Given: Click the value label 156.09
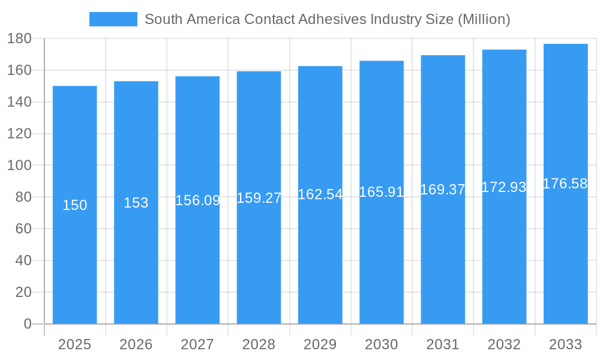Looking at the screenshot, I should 197,200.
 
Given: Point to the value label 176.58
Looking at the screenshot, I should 565,184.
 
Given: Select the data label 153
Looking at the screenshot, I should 136,203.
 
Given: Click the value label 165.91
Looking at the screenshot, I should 382,192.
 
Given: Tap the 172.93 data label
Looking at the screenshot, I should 504,187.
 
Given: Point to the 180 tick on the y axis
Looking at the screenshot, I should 19,39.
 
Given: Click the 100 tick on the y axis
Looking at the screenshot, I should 19,166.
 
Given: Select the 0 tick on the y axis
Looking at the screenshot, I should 27,324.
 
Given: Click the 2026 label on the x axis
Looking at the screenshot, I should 136,344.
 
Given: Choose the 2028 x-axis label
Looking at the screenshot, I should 259,344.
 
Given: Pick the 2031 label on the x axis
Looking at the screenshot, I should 443,344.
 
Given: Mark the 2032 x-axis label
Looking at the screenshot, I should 504,344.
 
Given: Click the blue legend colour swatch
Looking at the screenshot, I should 113,19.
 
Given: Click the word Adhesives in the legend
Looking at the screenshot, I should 337,19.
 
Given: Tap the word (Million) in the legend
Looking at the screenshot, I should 484,19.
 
